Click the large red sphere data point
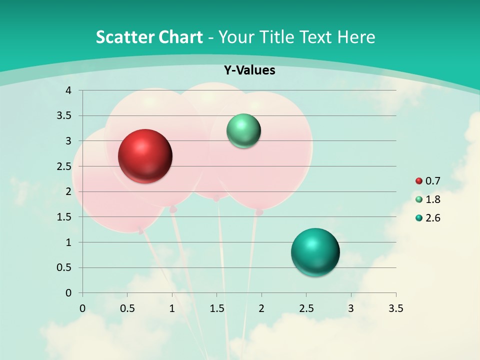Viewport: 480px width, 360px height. point(145,156)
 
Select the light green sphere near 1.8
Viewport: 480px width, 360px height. point(243,131)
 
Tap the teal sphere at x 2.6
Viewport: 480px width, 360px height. point(315,252)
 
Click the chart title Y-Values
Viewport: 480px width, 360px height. point(249,70)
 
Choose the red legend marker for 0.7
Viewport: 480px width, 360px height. point(419,181)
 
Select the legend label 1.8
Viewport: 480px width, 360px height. point(432,199)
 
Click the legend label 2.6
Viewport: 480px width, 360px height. point(432,218)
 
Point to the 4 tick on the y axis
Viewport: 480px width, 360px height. point(69,90)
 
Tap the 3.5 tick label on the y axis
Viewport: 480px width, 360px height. point(64,116)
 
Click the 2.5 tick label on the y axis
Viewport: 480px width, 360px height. point(64,166)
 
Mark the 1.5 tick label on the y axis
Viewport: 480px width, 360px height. point(64,217)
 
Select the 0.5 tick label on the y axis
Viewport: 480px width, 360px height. point(64,267)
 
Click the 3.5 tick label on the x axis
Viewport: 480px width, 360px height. point(395,308)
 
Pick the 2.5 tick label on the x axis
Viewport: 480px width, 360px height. point(306,308)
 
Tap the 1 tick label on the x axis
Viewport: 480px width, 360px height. point(172,308)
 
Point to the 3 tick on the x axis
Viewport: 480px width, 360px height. point(351,308)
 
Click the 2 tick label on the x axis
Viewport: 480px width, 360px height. point(261,308)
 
